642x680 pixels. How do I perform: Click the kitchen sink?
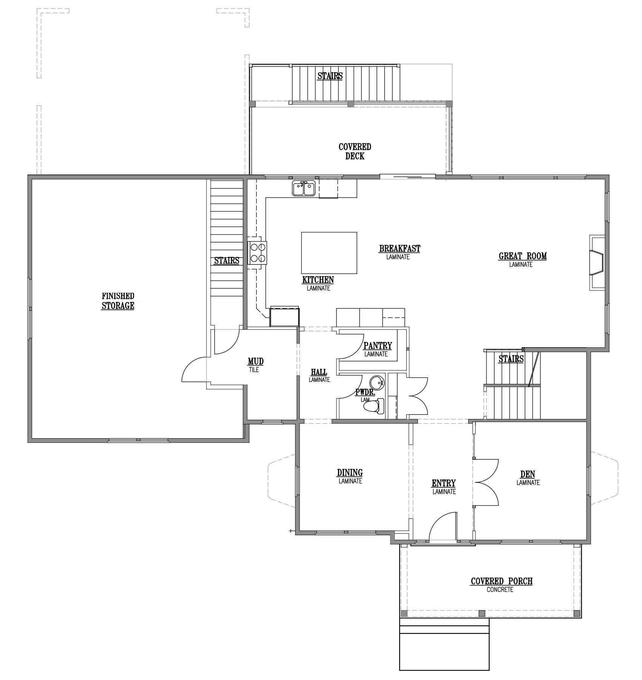(304, 189)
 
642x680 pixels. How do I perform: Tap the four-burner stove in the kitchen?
(258, 253)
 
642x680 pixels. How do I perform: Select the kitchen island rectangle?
(329, 253)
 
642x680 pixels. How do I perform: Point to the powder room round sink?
(376, 382)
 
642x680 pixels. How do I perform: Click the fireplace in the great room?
(597, 263)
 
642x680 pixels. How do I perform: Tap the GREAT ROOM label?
(523, 256)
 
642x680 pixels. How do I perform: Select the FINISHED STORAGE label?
(118, 301)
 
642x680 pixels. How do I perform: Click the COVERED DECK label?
(355, 151)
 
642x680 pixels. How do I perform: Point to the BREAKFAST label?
(400, 249)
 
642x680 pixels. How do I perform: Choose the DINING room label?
(350, 472)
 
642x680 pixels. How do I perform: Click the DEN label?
(528, 474)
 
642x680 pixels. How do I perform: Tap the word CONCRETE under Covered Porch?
(500, 590)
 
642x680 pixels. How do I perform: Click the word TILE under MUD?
(254, 370)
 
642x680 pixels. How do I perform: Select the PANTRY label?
(378, 346)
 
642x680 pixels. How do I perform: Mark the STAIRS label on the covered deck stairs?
(330, 76)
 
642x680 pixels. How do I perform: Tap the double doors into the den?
(486, 482)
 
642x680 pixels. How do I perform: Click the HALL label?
(319, 372)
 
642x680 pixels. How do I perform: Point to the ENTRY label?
(444, 483)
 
